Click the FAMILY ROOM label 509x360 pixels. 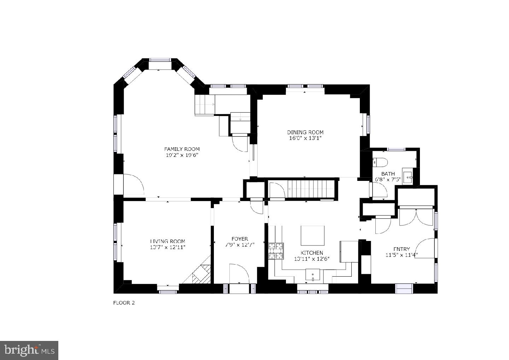182,149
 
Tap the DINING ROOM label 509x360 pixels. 305,132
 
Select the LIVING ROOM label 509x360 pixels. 167,242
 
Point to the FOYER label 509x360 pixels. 240,239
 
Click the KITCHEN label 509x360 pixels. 312,253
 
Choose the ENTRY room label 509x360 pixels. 401,249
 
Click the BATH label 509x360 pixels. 388,174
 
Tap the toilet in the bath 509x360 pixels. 380,162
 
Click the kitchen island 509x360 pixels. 312,236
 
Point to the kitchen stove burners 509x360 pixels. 276,251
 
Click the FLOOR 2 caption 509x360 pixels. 124,303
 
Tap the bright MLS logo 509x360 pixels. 29,350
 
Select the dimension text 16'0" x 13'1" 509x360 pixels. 305,138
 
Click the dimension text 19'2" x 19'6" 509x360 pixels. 182,155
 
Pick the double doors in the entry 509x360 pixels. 416,217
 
